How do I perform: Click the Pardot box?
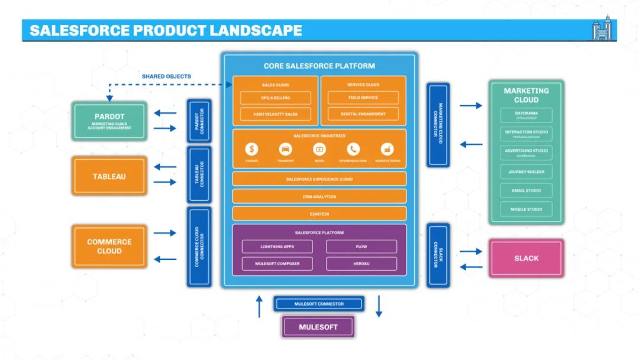point(109,121)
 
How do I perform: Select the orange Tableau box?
point(109,176)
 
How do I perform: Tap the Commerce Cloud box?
point(109,246)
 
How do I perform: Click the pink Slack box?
point(526,258)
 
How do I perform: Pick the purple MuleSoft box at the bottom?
point(318,327)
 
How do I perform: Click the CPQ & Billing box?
point(275,98)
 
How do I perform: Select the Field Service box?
point(363,98)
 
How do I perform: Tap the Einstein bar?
point(319,214)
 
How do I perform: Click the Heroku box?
point(361,263)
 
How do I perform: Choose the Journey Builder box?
point(526,172)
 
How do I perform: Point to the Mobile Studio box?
point(526,209)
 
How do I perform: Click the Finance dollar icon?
point(252,149)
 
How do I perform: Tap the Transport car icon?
point(286,149)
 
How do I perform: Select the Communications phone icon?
point(353,149)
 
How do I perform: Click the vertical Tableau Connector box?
point(199,175)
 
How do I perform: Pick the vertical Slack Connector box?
point(438,254)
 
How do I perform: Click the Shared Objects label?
point(166,76)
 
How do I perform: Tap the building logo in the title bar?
point(602,30)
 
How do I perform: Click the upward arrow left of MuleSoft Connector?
point(259,307)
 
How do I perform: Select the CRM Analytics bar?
point(319,197)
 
